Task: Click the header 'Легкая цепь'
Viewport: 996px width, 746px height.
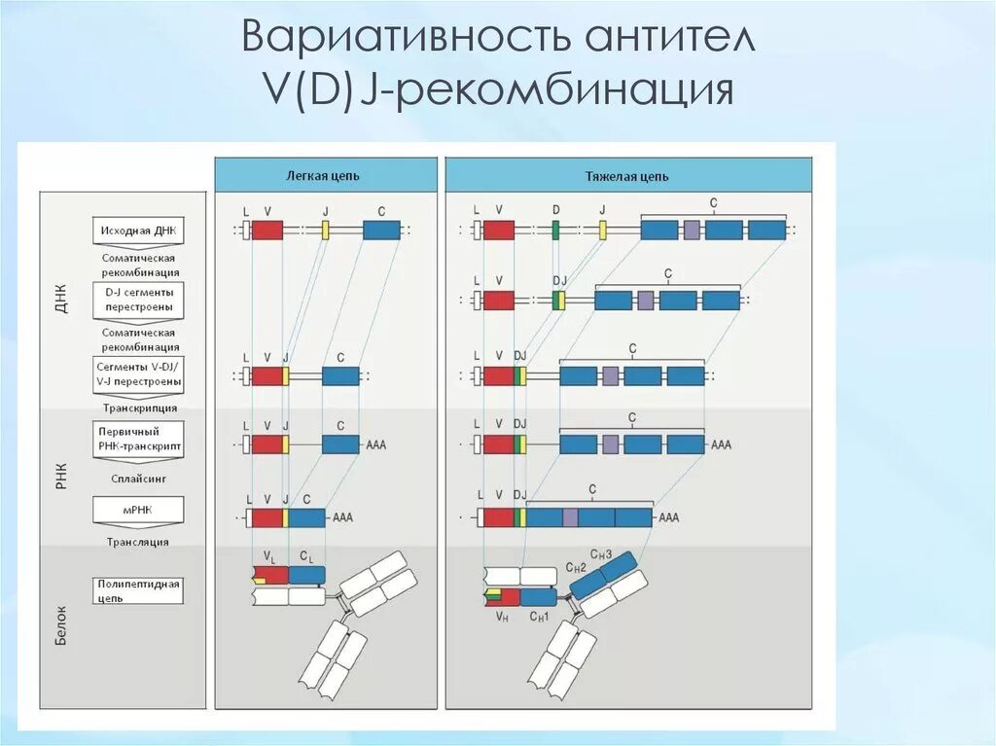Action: coord(324,176)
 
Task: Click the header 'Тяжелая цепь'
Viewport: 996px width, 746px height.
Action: coord(626,176)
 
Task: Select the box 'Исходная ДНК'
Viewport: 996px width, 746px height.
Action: coord(138,231)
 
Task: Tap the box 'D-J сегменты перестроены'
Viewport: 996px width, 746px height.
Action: coord(138,299)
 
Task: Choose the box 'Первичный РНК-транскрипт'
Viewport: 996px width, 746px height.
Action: coord(138,438)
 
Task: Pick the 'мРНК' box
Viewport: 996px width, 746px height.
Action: coord(138,510)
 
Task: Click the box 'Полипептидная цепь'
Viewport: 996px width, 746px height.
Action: coord(138,589)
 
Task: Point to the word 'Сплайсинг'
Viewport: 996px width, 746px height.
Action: coord(138,480)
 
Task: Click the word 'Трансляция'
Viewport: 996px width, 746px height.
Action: coord(138,542)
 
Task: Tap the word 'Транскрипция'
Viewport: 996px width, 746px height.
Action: coord(138,409)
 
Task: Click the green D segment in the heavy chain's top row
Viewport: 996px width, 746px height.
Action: coord(555,231)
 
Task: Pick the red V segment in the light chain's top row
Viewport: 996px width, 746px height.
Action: coord(267,231)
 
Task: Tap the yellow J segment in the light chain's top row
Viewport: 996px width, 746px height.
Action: coord(326,231)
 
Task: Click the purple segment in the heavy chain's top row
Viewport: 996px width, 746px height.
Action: coord(691,231)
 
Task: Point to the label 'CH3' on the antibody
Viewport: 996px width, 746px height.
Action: coord(603,554)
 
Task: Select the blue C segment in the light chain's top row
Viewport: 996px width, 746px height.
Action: coord(381,231)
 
